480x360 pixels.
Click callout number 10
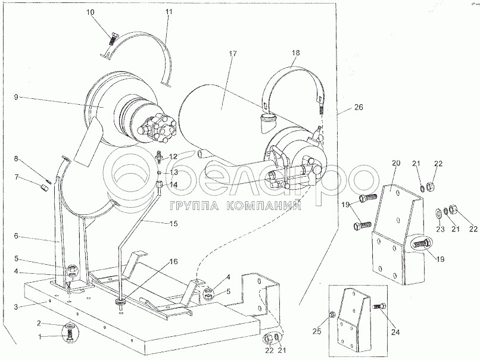pos(91,12)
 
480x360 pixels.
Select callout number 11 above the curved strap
pos(169,12)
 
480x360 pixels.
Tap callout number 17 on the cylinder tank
pos(233,54)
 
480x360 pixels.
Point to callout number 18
pos(296,52)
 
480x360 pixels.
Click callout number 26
pos(359,107)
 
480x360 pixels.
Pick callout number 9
pos(16,97)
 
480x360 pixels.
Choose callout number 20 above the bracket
pos(396,163)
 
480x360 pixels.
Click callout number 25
pos(317,331)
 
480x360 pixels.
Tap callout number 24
pos(395,332)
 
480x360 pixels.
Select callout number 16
pos(173,262)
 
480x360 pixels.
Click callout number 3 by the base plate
pos(16,307)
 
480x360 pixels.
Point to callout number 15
pos(173,224)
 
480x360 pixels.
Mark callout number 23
pos(440,229)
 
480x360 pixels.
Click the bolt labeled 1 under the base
pos(69,336)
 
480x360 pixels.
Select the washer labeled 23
pos(438,213)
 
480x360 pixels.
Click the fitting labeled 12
pos(159,156)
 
